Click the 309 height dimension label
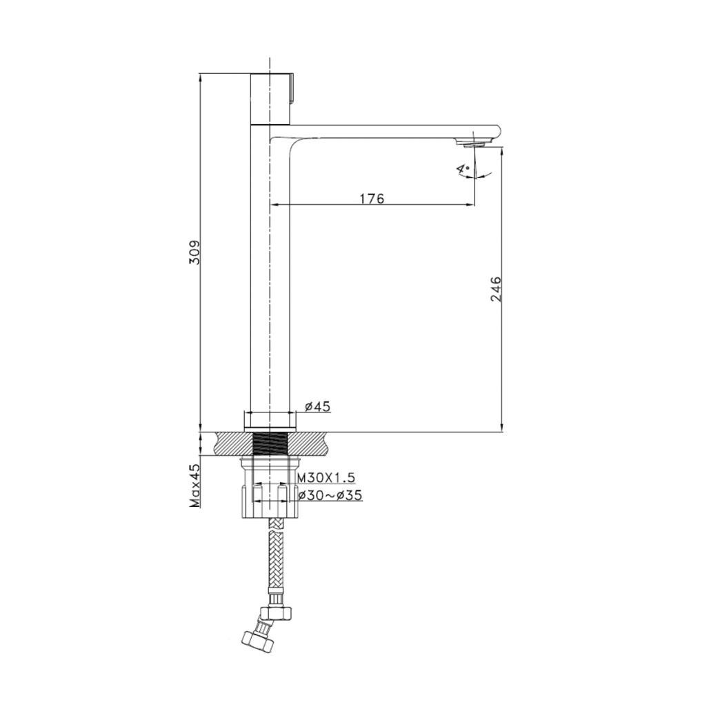[195, 252]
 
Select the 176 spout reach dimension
[372, 199]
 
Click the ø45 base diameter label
[317, 406]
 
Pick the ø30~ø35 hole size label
[330, 495]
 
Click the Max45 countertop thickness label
[195, 486]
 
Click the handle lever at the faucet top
[292, 88]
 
